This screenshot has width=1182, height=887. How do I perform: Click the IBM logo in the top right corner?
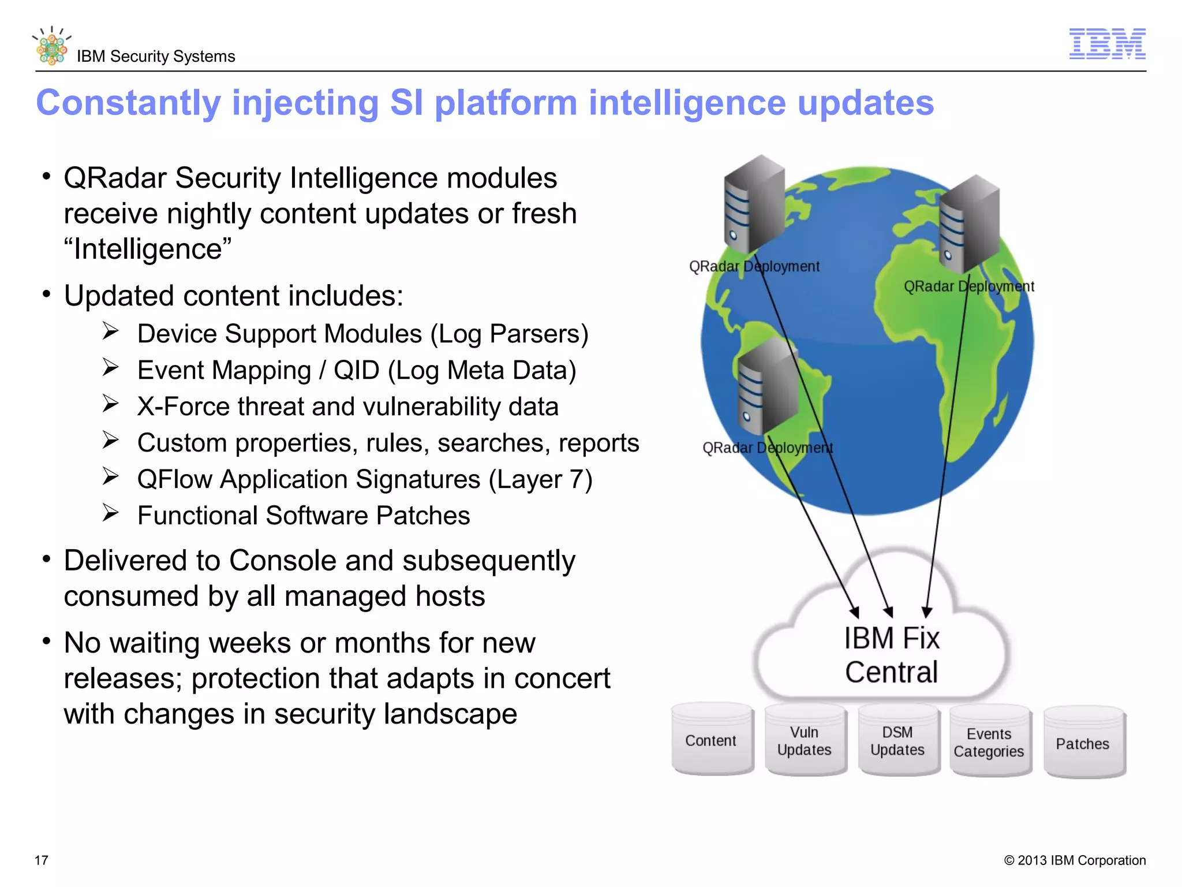coord(1107,44)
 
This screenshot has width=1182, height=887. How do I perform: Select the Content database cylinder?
coord(712,740)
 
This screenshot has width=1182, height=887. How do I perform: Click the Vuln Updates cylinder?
coord(805,741)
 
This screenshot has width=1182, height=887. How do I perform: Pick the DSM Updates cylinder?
coord(897,741)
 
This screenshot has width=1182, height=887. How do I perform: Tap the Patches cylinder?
coord(1083,744)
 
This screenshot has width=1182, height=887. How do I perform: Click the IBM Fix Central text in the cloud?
coord(892,655)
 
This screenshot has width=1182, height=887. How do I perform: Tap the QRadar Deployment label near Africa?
coord(968,286)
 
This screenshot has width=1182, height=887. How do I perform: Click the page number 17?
coord(42,860)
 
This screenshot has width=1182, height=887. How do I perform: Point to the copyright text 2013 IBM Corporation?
coord(1075,860)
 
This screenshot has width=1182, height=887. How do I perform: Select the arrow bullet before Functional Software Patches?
coord(110,513)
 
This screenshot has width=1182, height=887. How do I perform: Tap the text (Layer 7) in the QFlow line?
coord(540,479)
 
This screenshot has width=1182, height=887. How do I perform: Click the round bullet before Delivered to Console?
coord(47,559)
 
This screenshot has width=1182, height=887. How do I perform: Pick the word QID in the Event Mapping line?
coord(356,370)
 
